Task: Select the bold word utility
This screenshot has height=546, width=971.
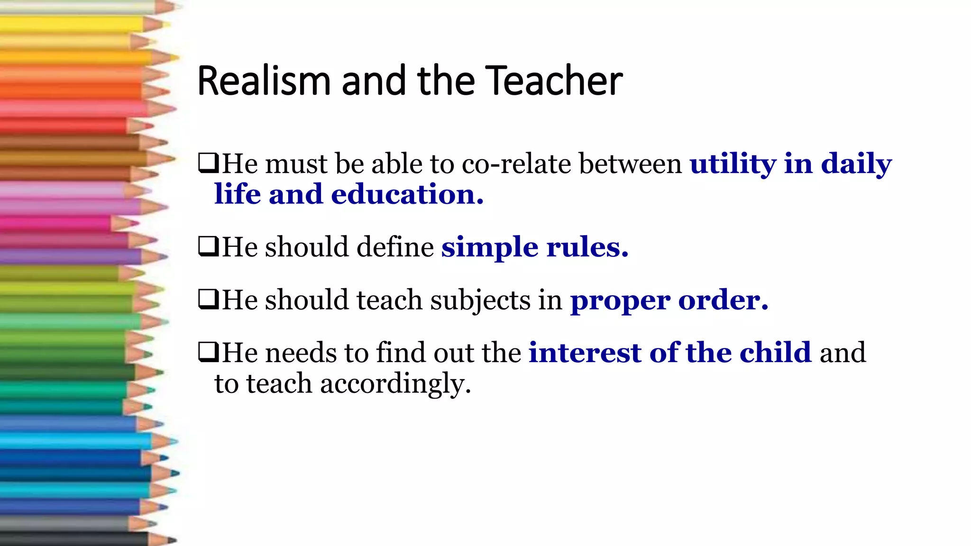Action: tap(733, 164)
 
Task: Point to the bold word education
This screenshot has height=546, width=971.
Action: tap(407, 194)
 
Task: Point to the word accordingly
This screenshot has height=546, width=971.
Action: tap(395, 384)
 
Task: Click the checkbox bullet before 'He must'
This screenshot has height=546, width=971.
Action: tap(208, 163)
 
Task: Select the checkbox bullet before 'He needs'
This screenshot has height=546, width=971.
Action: tap(208, 352)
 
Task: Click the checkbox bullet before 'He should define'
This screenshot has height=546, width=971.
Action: tap(208, 246)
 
